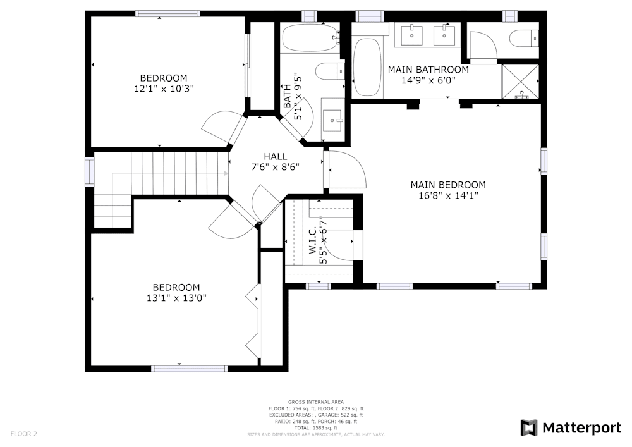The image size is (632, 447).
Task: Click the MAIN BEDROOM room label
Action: pos(448,185)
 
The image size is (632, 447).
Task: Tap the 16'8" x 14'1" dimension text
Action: pos(448,196)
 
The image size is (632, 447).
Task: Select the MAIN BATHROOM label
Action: pos(428,70)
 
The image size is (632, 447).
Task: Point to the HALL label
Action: pos(275,156)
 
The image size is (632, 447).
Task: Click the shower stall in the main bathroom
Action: pos(521,82)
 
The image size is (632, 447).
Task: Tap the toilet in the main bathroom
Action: pos(523,39)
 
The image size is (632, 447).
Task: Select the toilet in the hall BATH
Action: pos(329,71)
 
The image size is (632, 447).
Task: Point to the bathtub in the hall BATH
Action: pos(310,39)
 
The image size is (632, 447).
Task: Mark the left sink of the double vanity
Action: pos(412,34)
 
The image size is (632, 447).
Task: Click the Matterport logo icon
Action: pos(529,428)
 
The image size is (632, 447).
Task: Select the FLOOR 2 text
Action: pos(24,434)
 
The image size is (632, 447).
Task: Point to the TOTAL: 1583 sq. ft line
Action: pos(315,428)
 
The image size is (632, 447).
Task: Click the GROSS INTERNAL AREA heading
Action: pos(315,402)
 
